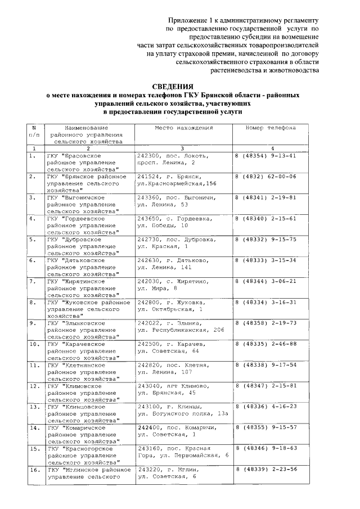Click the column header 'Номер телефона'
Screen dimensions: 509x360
pyautogui.click(x=271, y=128)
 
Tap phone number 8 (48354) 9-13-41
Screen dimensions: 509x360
pyautogui.click(x=265, y=156)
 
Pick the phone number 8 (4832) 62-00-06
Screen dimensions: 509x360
pyautogui.click(x=265, y=177)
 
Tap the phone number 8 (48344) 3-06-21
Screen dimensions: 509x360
pyautogui.click(x=265, y=281)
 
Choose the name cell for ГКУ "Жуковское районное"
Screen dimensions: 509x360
pyautogui.click(x=87, y=309)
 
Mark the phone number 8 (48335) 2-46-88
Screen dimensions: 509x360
pyautogui.click(x=265, y=344)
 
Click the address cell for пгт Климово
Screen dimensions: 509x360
pyautogui.click(x=174, y=389)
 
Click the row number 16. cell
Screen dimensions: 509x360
pyautogui.click(x=33, y=469)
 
